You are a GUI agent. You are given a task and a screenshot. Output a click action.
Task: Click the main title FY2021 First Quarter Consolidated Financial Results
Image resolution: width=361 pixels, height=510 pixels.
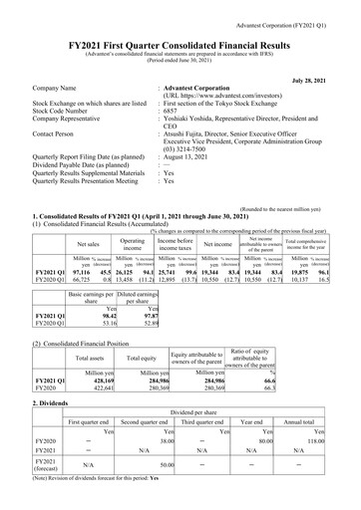point(180,32)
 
